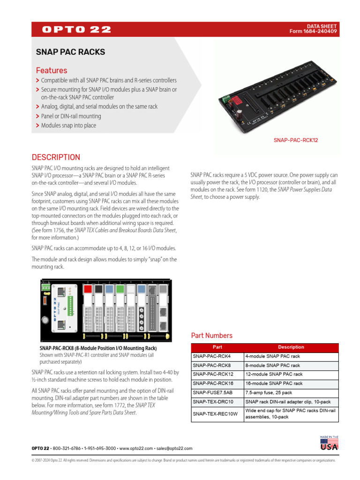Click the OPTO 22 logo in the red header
pos(76,30)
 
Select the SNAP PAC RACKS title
pos(71,52)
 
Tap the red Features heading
pos(52,70)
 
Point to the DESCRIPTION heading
pos(56,157)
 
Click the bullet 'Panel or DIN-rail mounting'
pos(71,116)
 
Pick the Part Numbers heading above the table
pos(211,336)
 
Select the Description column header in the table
pos(291,347)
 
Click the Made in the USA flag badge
pos(330,443)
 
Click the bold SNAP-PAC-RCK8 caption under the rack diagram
pos(98,349)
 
